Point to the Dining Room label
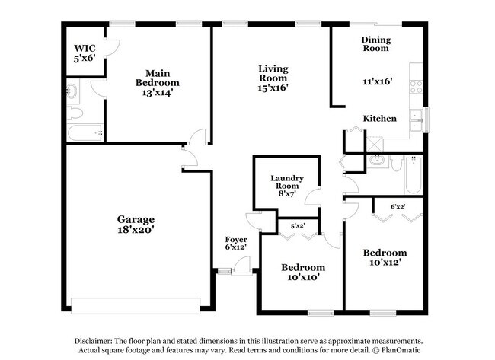coord(376,43)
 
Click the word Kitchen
coord(379,119)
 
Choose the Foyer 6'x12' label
coord(236,243)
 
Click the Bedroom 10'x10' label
coord(302,272)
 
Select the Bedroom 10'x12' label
coord(384,257)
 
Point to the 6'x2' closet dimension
coord(398,206)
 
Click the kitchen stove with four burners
coord(416,86)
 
